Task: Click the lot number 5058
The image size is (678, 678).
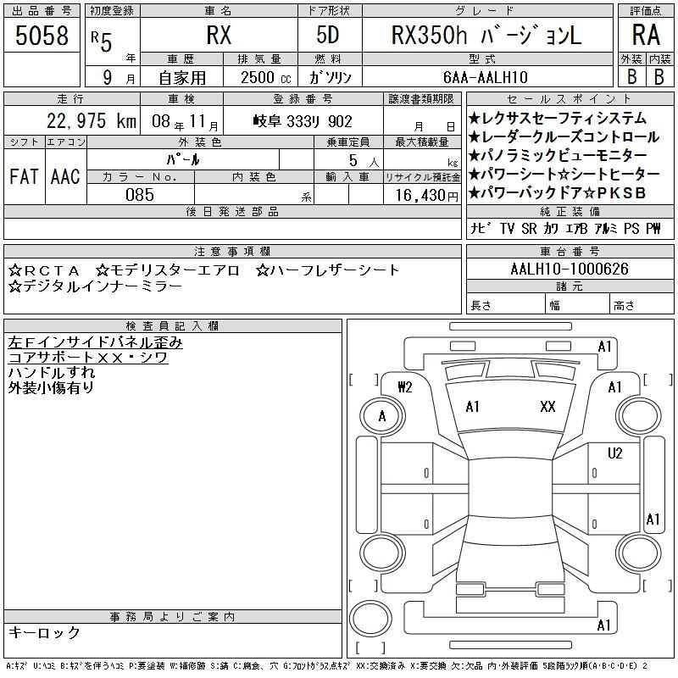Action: (42, 36)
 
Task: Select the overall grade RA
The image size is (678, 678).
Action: (646, 35)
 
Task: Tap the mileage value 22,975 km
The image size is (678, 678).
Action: (92, 121)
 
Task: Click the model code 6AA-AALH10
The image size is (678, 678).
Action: (486, 77)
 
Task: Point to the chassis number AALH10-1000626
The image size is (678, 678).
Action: (569, 269)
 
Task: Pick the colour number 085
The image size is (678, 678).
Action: (140, 195)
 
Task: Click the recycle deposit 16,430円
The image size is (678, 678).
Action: (426, 196)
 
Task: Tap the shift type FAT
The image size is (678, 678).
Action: (24, 176)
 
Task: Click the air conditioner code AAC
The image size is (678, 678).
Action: (65, 176)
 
